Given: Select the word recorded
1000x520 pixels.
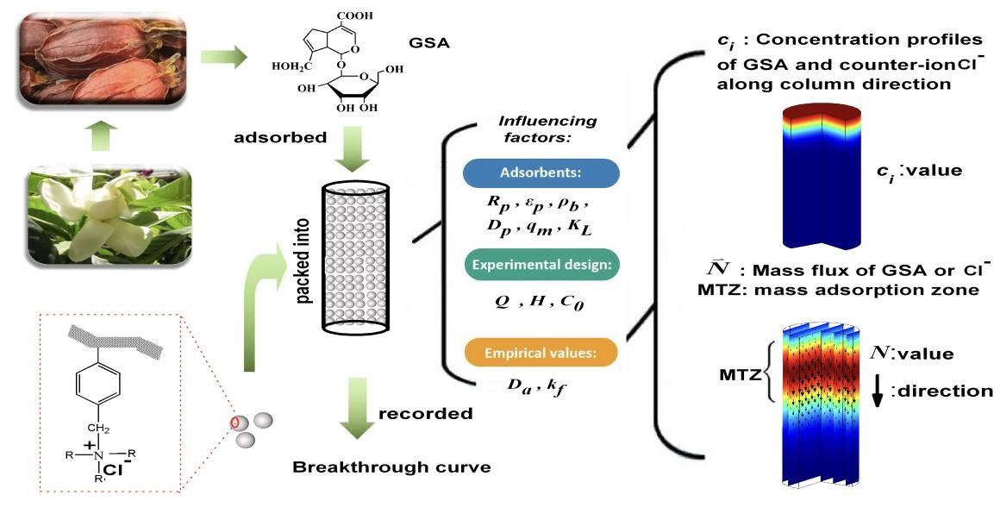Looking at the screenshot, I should coord(426,413).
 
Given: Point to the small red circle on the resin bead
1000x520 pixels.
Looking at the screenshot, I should coord(233,423).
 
